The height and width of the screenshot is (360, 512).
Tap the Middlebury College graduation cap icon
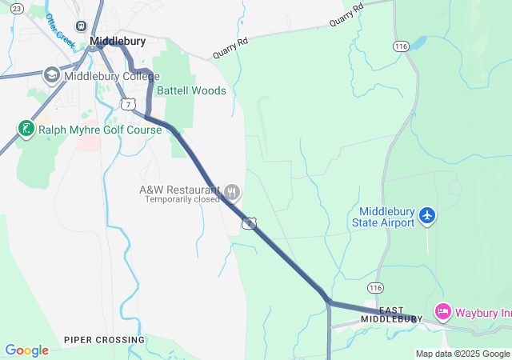tap(52, 75)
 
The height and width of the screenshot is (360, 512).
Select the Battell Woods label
tap(191, 91)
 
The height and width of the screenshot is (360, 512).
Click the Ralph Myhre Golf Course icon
tap(26, 128)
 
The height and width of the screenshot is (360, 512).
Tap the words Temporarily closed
tap(182, 199)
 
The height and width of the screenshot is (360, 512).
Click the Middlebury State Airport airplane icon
tap(427, 215)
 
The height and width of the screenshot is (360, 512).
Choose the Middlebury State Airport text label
tap(383, 217)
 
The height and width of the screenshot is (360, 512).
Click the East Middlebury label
tap(391, 314)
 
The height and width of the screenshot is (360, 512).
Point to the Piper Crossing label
tap(104, 340)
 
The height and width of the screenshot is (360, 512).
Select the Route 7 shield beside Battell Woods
tap(128, 104)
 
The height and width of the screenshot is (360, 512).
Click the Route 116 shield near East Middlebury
tap(374, 287)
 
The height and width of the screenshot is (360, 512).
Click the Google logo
tap(27, 350)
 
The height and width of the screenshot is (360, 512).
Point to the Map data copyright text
tap(462, 354)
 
